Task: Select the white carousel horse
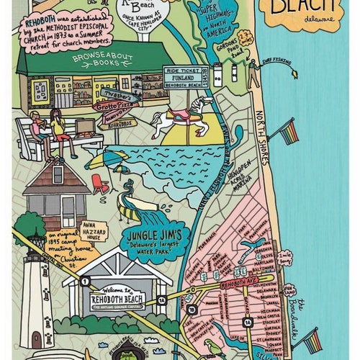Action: tap(179, 119)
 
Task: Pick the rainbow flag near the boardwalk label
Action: tap(312, 341)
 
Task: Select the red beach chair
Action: tap(99, 184)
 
